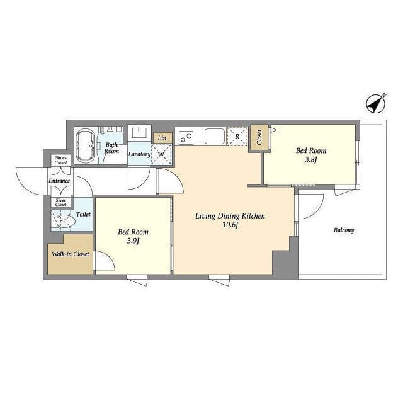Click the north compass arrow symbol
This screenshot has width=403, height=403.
click(x=375, y=105)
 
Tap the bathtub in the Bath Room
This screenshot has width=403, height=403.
click(x=86, y=145)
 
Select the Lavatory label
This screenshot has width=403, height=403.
click(x=139, y=154)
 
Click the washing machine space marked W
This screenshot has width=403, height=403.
click(x=161, y=154)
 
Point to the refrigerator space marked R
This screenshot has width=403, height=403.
click(x=237, y=137)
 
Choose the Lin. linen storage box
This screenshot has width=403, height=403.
click(x=162, y=138)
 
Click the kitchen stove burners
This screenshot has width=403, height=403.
click(x=186, y=137)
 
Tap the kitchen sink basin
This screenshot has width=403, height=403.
click(x=215, y=137)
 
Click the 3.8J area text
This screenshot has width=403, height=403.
click(x=310, y=160)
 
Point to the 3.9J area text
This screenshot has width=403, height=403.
click(x=133, y=241)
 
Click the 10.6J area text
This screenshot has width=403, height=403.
click(x=230, y=225)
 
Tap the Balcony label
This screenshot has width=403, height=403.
click(x=344, y=230)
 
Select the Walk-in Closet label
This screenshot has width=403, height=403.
click(x=71, y=254)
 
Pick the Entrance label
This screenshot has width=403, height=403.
click(x=59, y=181)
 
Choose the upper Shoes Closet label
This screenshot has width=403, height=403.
click(x=61, y=160)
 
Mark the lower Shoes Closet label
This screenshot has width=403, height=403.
click(x=61, y=202)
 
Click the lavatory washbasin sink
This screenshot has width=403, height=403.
click(x=140, y=133)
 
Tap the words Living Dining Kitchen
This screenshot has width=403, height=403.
click(x=230, y=216)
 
